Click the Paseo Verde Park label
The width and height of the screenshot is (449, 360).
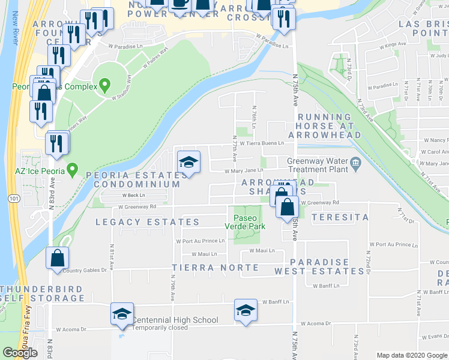244,221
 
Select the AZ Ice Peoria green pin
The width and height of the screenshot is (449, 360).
73,170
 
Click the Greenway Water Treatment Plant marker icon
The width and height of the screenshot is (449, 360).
355,161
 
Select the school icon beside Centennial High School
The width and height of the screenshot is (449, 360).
122,314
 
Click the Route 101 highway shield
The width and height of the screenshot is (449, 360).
12,197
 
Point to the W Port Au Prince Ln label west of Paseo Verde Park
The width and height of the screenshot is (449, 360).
200,241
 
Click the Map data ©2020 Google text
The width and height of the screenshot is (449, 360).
411,355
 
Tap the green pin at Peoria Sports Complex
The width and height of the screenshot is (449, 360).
106,85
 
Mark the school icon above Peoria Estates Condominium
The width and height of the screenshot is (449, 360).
188,163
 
